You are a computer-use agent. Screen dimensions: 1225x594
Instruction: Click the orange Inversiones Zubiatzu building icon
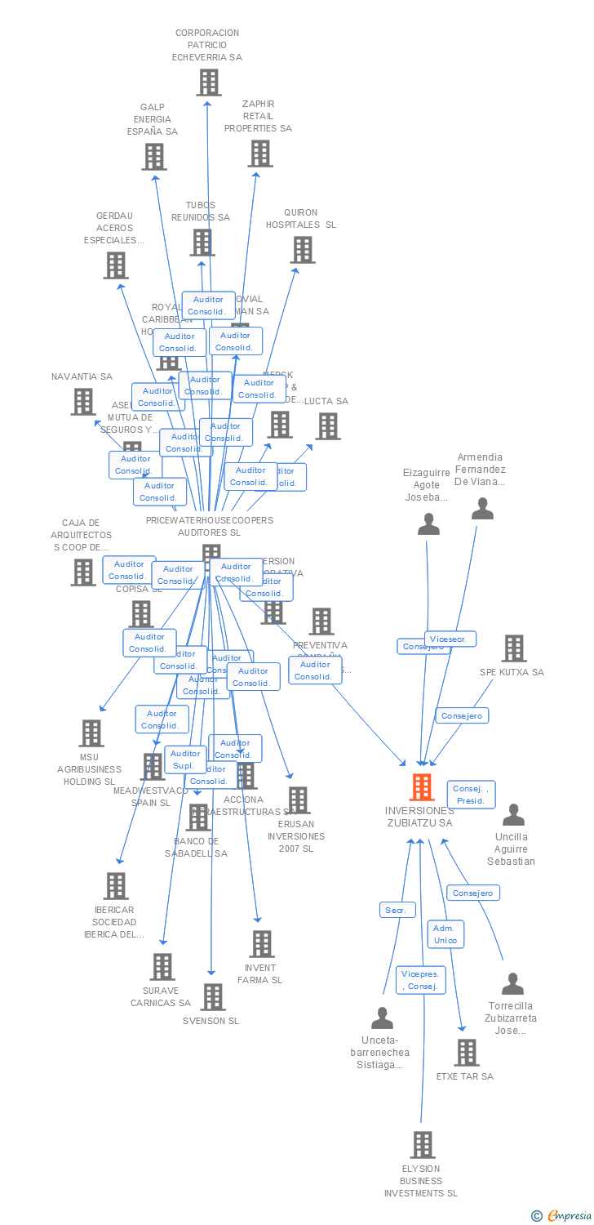(421, 787)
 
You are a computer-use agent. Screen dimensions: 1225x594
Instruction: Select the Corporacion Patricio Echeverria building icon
(208, 82)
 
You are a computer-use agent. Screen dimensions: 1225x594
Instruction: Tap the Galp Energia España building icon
(153, 156)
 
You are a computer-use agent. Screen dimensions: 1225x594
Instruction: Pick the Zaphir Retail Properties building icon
(259, 153)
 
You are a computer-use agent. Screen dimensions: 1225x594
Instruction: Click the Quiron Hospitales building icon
(302, 249)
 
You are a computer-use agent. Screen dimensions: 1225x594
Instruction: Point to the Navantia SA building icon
(82, 401)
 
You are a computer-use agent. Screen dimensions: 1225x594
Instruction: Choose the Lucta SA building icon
(327, 425)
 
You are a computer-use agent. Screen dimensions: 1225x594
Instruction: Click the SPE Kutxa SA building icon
(513, 648)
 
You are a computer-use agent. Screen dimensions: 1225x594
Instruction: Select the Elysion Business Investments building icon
(422, 1145)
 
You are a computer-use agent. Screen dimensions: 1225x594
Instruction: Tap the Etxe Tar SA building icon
(466, 1052)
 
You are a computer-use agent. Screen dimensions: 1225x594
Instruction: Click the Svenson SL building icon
(212, 996)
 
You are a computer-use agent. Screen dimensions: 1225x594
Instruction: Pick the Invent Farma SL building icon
(261, 943)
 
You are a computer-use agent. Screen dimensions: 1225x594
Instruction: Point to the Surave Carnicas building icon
(162, 966)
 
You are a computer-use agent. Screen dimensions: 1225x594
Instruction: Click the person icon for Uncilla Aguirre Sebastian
(512, 814)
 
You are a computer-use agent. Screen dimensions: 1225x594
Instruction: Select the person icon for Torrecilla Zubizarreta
(512, 983)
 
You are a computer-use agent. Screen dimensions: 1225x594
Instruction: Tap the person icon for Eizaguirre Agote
(428, 524)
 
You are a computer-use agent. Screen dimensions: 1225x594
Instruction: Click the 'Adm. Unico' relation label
(445, 934)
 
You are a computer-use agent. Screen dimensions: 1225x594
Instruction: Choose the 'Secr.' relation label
(397, 910)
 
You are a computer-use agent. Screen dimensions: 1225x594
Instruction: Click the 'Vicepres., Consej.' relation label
(421, 980)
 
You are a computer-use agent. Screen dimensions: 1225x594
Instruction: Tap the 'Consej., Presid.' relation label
(471, 795)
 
